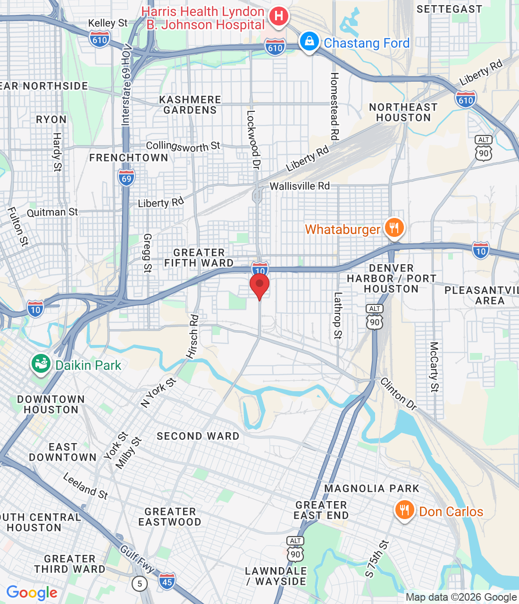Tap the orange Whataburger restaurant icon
click(x=394, y=228)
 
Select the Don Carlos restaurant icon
click(x=404, y=511)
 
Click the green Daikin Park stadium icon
click(x=41, y=364)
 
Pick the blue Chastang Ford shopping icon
click(x=309, y=42)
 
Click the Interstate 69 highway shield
click(x=126, y=178)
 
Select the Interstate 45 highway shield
click(x=167, y=581)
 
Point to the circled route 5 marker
click(x=139, y=584)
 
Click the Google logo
click(x=32, y=593)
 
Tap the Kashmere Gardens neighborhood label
click(x=190, y=105)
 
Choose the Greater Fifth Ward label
click(x=199, y=258)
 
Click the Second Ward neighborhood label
click(x=198, y=436)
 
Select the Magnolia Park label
click(x=372, y=488)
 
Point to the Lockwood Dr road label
click(x=253, y=140)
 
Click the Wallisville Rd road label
click(x=300, y=186)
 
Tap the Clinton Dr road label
click(x=399, y=394)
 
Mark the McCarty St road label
click(x=434, y=367)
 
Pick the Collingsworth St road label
click(x=183, y=146)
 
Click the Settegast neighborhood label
click(x=449, y=9)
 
